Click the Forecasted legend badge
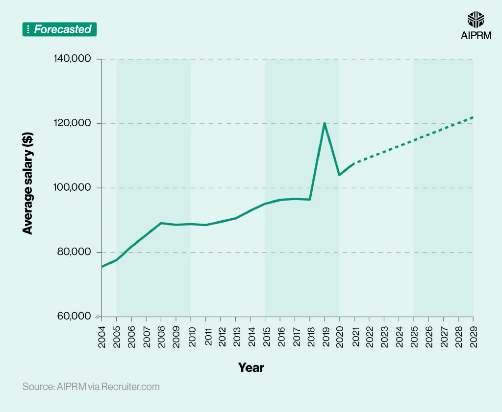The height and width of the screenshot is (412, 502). click(60, 29)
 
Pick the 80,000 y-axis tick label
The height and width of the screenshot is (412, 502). click(75, 252)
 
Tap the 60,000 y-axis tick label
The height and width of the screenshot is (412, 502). click(75, 316)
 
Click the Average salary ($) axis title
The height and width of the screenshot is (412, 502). click(28, 188)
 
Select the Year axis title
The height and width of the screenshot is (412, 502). click(251, 367)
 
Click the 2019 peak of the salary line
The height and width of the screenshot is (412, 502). click(324, 123)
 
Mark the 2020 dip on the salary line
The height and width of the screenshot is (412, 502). click(339, 175)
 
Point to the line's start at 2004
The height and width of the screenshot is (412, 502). click(102, 267)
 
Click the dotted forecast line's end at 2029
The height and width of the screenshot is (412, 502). click(473, 117)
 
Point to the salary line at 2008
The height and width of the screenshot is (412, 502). click(161, 223)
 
